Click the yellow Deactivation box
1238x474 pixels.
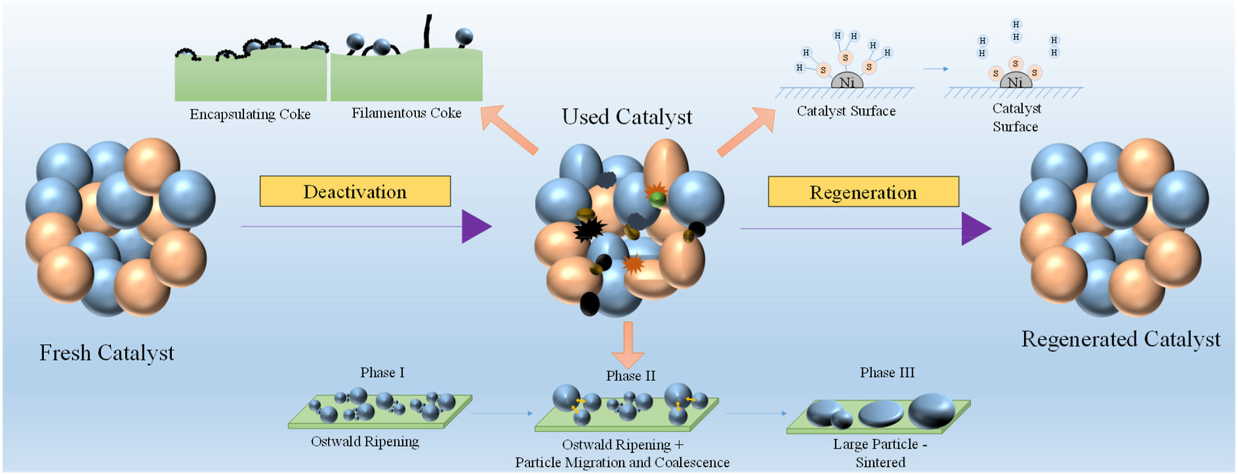tap(355, 192)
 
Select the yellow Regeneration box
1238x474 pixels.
tap(863, 192)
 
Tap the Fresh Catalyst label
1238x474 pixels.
tap(106, 353)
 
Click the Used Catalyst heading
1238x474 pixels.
tap(627, 117)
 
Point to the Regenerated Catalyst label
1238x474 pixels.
tap(1121, 339)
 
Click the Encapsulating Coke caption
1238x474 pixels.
tap(250, 114)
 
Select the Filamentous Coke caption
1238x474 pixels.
tap(406, 113)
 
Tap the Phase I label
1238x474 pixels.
tap(382, 372)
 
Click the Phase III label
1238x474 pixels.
tap(887, 372)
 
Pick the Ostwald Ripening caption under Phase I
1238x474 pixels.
tap(365, 442)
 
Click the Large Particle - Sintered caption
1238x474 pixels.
tap(880, 453)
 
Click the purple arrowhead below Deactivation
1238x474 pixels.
tap(476, 226)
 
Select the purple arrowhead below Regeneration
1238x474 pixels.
tap(975, 229)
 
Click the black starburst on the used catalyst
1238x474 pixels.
tap(589, 229)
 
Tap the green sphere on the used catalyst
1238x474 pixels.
tap(657, 199)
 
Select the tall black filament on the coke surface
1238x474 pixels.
tap(428, 31)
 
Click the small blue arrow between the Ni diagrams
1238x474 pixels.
tap(935, 69)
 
